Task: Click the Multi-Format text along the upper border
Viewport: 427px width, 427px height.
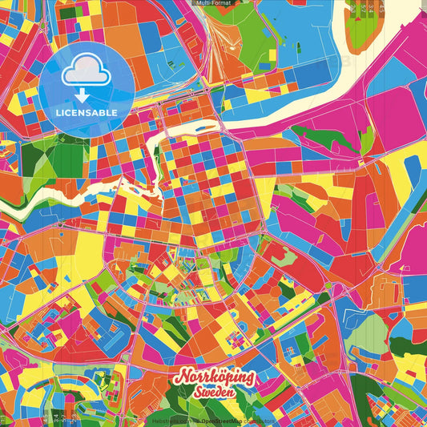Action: (x=213, y=3)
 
